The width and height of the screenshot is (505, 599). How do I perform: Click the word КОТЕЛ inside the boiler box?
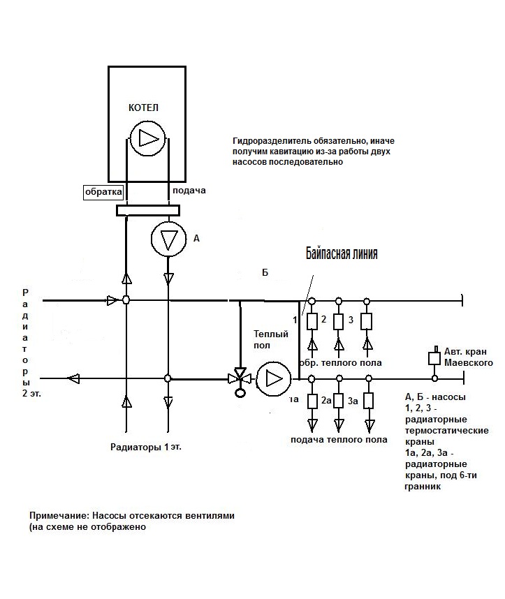click(143, 108)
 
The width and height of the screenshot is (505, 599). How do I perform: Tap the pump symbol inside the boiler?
click(147, 138)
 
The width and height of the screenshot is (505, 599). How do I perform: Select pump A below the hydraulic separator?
click(168, 239)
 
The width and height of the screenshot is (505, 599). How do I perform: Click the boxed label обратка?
click(103, 192)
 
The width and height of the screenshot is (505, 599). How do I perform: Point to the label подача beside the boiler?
click(189, 191)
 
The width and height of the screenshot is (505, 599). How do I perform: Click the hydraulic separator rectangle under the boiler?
click(148, 210)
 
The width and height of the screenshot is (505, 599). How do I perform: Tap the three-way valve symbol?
click(240, 379)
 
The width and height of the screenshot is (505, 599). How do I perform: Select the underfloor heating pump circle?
click(273, 379)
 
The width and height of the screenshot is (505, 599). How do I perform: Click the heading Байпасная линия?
click(342, 253)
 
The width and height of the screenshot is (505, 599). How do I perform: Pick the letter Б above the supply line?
click(265, 272)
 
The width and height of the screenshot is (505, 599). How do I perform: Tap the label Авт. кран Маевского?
click(468, 357)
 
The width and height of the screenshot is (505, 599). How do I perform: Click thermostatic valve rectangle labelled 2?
click(312, 322)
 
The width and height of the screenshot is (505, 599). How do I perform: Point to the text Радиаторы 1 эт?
click(146, 447)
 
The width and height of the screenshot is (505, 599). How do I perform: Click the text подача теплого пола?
click(339, 440)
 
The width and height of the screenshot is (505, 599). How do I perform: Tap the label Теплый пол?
click(271, 339)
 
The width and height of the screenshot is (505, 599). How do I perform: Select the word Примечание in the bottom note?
click(59, 516)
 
